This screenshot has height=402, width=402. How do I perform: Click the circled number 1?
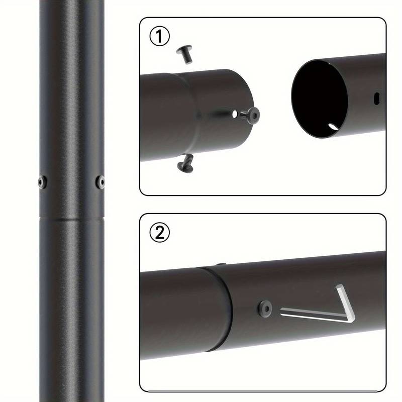point(160,37)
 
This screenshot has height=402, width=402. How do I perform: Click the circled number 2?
point(160,232)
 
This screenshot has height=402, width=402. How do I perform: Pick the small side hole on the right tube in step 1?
point(376,95)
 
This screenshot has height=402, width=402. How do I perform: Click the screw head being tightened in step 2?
point(265,307)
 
